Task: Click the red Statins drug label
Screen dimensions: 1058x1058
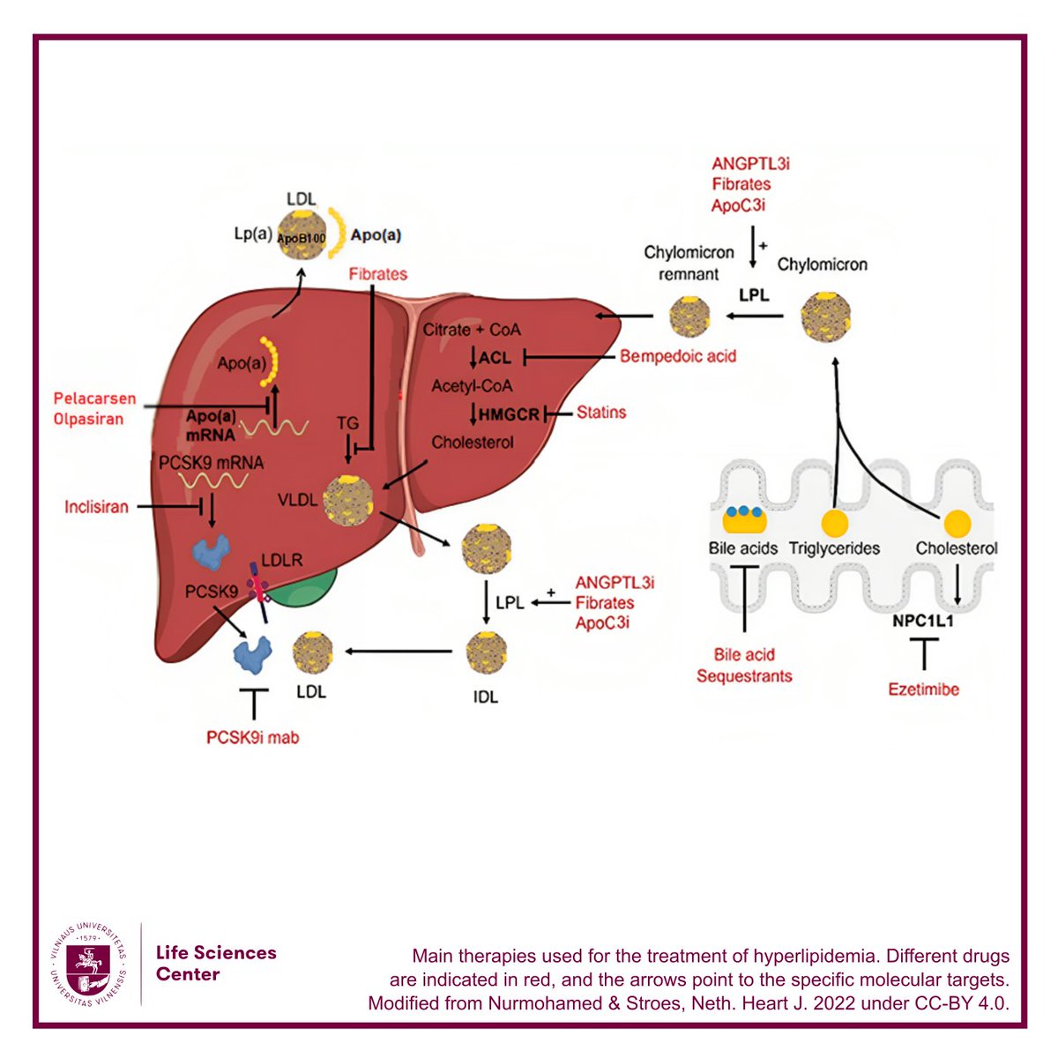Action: pyautogui.click(x=600, y=413)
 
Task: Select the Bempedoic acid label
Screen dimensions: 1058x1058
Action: pyautogui.click(x=677, y=356)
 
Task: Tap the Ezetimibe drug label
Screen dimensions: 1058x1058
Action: pyautogui.click(x=923, y=689)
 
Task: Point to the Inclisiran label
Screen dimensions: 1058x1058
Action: pyautogui.click(x=96, y=506)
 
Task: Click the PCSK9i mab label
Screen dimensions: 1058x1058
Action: pyautogui.click(x=252, y=737)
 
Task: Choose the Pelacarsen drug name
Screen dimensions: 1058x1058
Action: pyautogui.click(x=94, y=398)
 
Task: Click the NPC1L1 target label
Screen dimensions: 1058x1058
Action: pyautogui.click(x=923, y=621)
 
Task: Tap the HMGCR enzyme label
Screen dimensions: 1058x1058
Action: pyautogui.click(x=509, y=414)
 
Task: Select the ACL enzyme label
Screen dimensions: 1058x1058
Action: pyautogui.click(x=495, y=358)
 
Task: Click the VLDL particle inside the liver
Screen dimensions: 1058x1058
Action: pyautogui.click(x=348, y=500)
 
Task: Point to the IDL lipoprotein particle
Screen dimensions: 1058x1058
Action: pyautogui.click(x=486, y=652)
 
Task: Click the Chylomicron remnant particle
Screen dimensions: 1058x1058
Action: pyautogui.click(x=689, y=317)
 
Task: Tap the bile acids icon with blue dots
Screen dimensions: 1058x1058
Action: pyautogui.click(x=744, y=519)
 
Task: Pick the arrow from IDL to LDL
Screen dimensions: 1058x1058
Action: pyautogui.click(x=399, y=652)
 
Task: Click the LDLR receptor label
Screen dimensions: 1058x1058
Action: pyautogui.click(x=281, y=560)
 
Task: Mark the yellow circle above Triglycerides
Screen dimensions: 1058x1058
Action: pyautogui.click(x=835, y=523)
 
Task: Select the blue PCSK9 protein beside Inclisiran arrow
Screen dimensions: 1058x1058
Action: pyautogui.click(x=211, y=552)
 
